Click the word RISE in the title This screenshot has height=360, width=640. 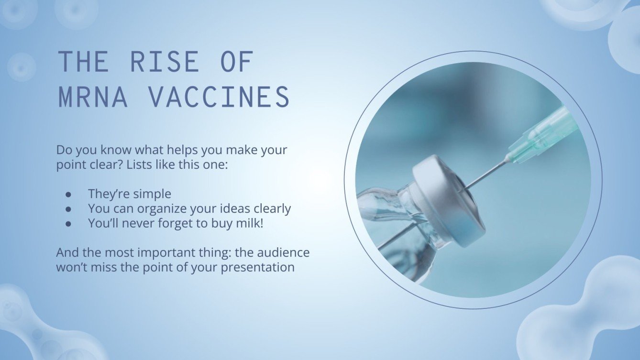pyautogui.click(x=164, y=62)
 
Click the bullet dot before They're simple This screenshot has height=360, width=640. pyautogui.click(x=68, y=194)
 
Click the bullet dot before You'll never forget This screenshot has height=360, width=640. pyautogui.click(x=68, y=223)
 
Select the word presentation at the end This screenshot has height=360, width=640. pyautogui.click(x=257, y=267)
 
